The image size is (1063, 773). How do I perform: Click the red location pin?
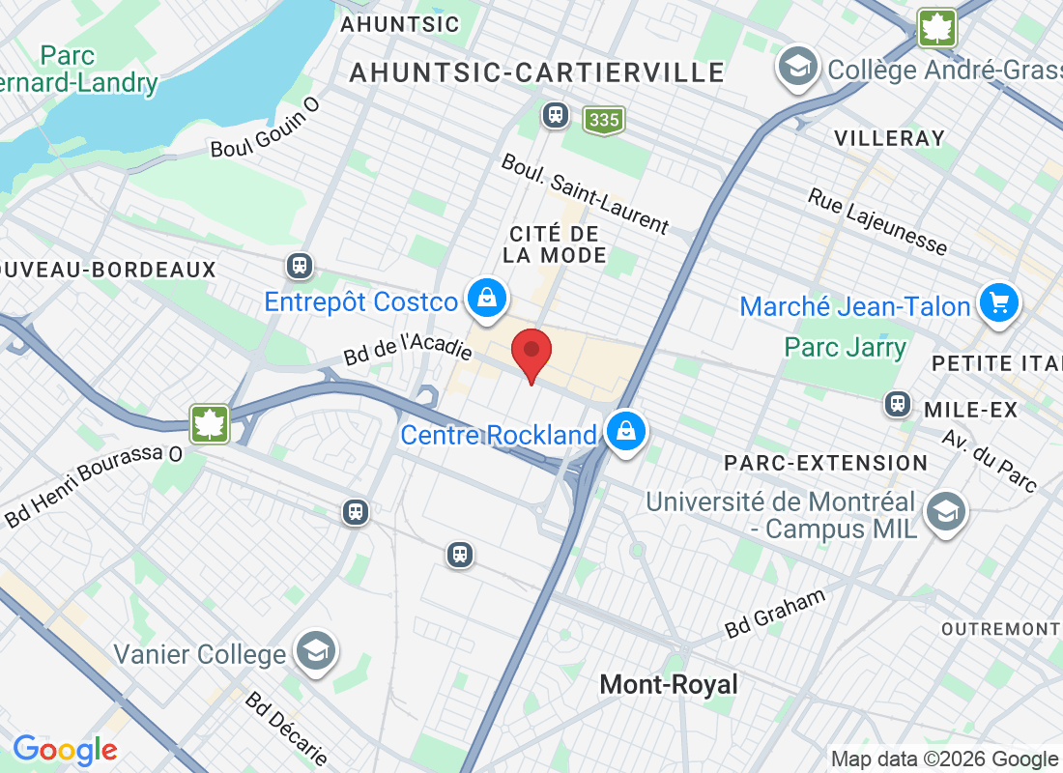(531, 354)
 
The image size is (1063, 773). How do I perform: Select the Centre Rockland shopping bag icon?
(625, 434)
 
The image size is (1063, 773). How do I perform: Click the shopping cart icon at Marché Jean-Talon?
(999, 304)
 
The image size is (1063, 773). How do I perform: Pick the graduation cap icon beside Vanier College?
(316, 652)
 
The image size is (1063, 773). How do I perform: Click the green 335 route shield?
(604, 120)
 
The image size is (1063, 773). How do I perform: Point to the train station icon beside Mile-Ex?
(898, 404)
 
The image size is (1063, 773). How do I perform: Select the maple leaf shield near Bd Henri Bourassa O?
(209, 424)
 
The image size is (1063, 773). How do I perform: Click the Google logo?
(66, 749)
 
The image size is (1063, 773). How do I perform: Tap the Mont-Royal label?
(669, 685)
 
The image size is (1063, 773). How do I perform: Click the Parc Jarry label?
(846, 347)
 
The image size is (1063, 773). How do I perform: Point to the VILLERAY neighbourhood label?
(889, 138)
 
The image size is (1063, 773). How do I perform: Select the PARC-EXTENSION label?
(826, 463)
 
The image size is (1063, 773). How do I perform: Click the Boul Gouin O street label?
(265, 135)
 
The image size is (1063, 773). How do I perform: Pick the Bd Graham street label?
(776, 614)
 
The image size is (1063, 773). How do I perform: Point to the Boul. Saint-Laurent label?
(585, 193)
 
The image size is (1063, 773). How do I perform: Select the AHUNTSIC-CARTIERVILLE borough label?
(537, 72)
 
